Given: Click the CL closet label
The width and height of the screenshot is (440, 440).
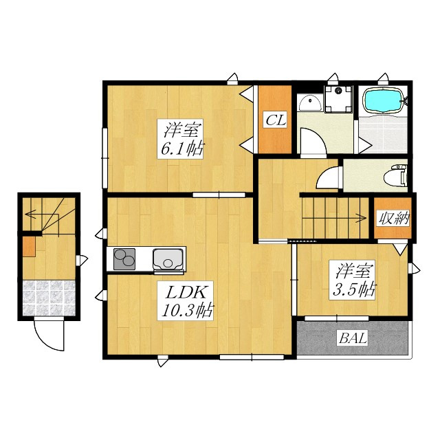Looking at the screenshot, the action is point(276,120).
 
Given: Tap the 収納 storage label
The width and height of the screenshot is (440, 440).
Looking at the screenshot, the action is point(393,218).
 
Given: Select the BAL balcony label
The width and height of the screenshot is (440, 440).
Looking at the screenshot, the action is point(353,338).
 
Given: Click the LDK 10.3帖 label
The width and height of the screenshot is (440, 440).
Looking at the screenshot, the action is point(186,300).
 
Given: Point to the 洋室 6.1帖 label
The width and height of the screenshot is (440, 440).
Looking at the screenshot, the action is point(181,139).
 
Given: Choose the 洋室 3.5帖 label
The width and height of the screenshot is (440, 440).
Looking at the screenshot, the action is point(353,280).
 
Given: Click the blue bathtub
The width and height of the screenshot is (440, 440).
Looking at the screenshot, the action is point(383,101).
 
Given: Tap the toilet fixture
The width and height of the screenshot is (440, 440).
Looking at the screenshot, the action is point(395,176).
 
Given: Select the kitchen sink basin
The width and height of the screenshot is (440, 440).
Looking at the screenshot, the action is point(168,259).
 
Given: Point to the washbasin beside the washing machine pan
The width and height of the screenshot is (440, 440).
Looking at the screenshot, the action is point(310,102).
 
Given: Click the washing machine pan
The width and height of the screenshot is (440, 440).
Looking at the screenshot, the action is point(339,99).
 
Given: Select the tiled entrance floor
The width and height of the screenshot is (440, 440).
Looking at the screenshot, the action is point(49,298).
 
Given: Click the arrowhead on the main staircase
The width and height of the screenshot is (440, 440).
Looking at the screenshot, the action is point(363,218).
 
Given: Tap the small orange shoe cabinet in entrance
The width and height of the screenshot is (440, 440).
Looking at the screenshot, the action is point(29,246).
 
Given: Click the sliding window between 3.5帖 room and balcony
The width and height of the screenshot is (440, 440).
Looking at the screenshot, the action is point(336,318).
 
